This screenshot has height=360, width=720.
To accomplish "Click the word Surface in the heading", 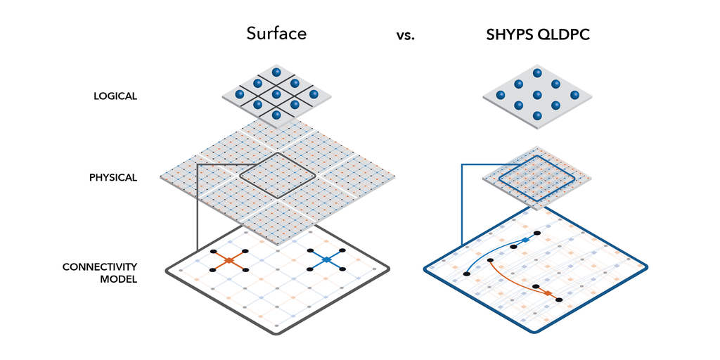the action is pos(276,34).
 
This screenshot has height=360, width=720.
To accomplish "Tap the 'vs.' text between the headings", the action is pos(406,36).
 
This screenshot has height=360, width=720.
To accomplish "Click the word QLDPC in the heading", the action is pos(565,35).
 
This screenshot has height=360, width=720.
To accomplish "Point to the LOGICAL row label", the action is pos(115,96).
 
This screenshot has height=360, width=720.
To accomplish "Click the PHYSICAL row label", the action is pos(113,177).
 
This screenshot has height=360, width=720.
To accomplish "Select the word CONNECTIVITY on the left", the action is pos(100,266).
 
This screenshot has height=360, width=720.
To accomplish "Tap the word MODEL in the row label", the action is pos(118,278).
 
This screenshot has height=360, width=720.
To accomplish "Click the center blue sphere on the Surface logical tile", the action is pos(276,94).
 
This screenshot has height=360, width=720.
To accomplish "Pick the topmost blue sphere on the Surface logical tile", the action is pos(276,72).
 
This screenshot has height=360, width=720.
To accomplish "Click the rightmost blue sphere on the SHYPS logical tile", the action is pos(574,95).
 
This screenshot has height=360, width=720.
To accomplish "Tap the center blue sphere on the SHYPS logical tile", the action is pos(537,95).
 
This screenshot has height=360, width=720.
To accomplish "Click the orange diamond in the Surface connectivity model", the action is pos(229,260).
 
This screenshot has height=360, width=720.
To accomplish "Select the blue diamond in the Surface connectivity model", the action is pos(326,260).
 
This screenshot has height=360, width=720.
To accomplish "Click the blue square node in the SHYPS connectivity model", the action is pos(526,240).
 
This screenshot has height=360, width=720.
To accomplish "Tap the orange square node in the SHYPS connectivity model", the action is pos(548,293).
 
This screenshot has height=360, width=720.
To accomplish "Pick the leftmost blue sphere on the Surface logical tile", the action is pos(239,94).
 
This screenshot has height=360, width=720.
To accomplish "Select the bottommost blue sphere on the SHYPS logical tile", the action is pos(537,115).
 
